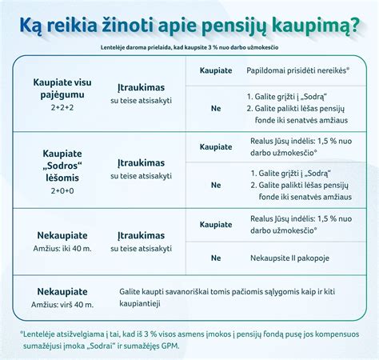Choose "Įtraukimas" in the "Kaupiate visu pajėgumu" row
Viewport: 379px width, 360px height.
(141, 88)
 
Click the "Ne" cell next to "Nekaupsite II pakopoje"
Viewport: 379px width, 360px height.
(216, 258)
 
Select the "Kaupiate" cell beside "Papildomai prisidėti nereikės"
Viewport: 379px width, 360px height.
(216, 71)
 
